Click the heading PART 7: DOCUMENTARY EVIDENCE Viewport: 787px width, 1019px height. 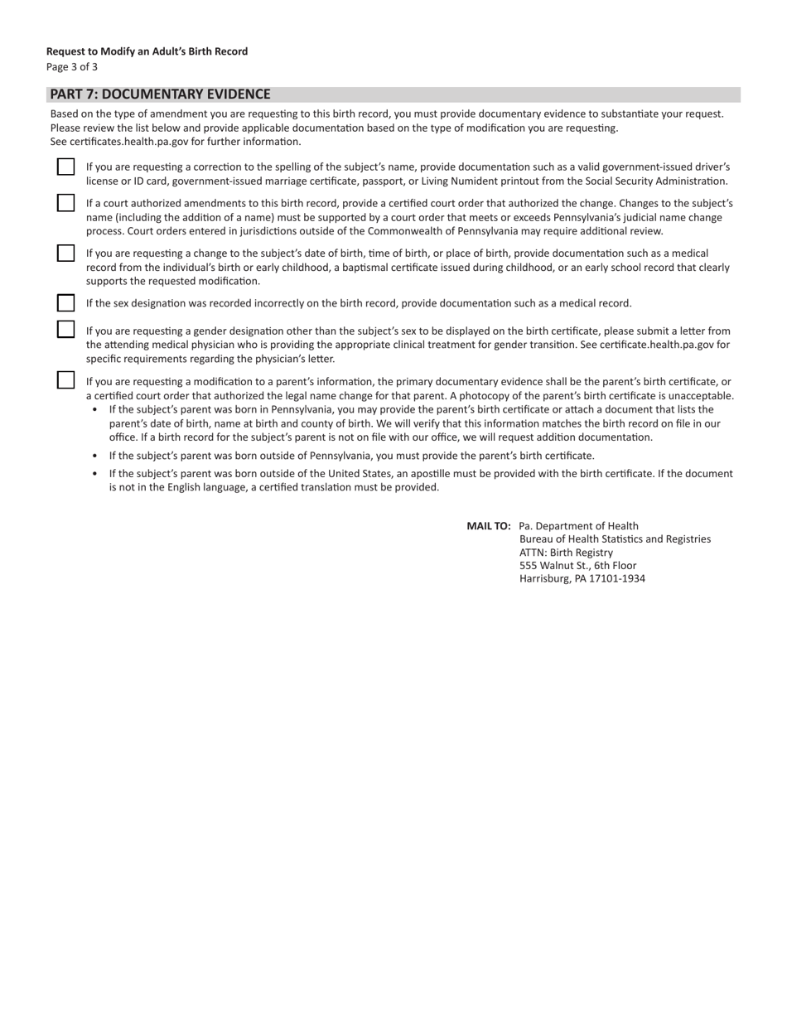pos(160,94)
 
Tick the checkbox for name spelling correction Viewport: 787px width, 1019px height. pos(66,167)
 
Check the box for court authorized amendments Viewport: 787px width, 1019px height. pos(66,203)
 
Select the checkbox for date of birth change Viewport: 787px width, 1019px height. pos(66,254)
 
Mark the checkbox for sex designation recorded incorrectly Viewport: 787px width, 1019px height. pos(66,303)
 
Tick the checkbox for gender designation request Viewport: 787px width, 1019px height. pos(66,330)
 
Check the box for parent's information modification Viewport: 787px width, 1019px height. pos(66,380)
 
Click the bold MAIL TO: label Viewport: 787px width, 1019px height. pos(489,526)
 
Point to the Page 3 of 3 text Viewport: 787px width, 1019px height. pos(72,67)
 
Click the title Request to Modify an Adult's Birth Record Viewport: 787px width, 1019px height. pos(147,51)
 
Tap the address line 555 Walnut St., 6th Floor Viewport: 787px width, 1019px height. pos(577,566)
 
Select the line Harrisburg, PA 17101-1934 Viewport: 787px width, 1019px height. pos(582,579)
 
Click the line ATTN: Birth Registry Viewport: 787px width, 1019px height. pos(566,553)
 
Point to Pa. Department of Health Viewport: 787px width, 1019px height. pos(578,526)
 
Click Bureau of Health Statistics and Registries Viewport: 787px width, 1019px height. pos(615,539)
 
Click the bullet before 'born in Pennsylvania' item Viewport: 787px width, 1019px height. pos(96,410)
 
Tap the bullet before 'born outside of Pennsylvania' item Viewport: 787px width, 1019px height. pos(96,456)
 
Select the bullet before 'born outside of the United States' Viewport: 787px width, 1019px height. pos(96,475)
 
